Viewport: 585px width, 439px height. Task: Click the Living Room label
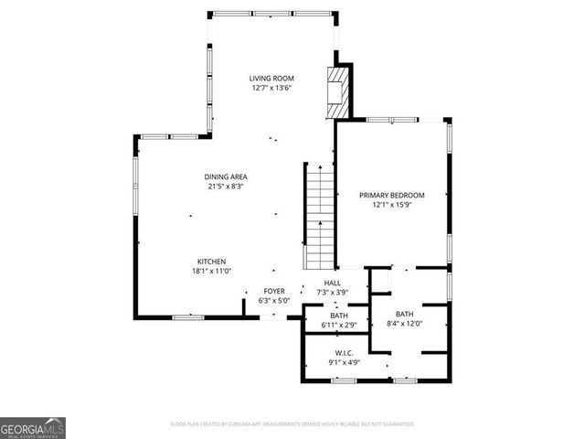(272, 79)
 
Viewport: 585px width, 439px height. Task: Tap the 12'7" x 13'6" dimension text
(272, 89)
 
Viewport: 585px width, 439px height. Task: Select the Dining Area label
(226, 177)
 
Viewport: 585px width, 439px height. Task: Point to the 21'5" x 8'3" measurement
(226, 187)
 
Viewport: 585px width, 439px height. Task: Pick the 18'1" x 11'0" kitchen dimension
(211, 272)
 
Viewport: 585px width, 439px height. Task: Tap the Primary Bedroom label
(392, 195)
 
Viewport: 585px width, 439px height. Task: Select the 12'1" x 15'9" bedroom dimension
(392, 206)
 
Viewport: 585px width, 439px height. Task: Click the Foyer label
(274, 290)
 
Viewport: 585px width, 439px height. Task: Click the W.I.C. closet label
(344, 352)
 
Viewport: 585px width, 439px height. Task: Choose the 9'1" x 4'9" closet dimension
(344, 362)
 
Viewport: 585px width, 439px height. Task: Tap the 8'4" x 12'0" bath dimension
(404, 324)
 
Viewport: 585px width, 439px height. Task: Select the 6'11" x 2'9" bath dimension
(338, 325)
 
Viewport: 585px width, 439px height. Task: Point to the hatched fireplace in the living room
(339, 91)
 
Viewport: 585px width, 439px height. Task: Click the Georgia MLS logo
(33, 427)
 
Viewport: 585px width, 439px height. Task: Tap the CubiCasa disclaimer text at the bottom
(292, 424)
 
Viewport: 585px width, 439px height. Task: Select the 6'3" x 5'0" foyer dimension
(274, 300)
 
